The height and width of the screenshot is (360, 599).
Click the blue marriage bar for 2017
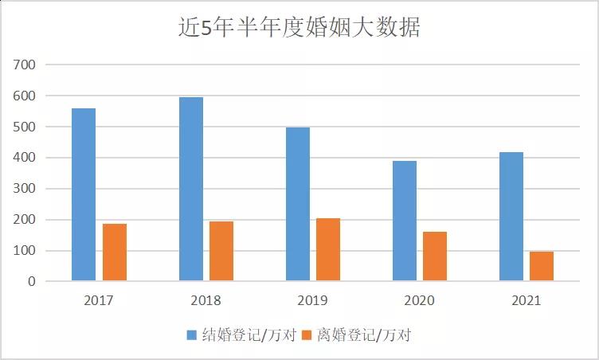coord(84,194)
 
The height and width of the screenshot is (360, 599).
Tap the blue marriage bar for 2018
coord(191,189)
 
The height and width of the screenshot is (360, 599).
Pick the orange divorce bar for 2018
coord(221,251)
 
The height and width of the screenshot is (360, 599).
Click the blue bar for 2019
coord(298,204)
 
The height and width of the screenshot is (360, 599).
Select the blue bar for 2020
coord(405,221)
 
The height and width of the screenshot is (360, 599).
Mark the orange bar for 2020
coord(435,256)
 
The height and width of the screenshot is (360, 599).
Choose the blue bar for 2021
coord(511,216)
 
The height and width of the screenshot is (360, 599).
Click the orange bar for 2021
coord(542,266)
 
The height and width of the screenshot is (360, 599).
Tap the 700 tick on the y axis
coord(25,65)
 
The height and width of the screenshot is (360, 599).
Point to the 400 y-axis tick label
coord(25,158)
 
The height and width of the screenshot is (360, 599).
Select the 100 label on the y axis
coord(25,251)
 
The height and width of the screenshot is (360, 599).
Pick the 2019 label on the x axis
coord(313,301)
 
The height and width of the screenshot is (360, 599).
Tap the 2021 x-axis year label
coord(527,301)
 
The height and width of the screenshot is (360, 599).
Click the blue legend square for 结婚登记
coord(192,335)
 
